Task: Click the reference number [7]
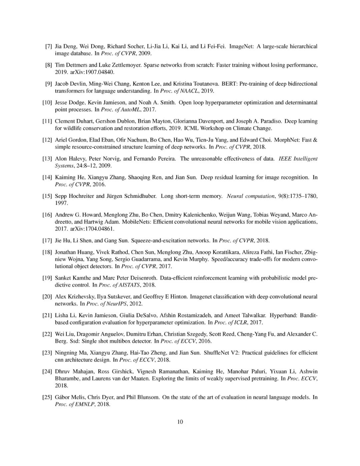48,46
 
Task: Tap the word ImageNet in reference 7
241,46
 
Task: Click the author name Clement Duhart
74,121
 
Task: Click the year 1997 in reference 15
61,203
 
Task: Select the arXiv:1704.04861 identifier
92,229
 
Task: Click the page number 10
180,422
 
